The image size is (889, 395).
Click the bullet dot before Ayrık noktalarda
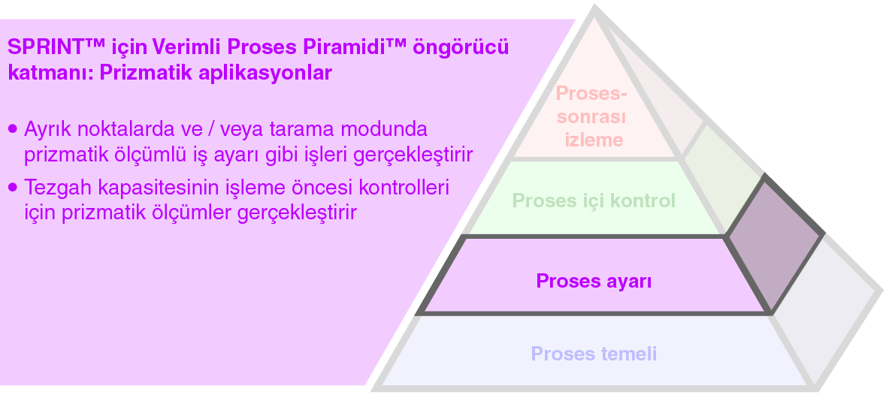tap(13, 128)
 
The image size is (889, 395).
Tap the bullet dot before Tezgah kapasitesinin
tap(13, 187)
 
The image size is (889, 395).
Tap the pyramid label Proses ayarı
tap(594, 282)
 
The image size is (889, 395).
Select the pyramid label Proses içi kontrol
tap(594, 201)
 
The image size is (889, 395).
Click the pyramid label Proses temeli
tap(594, 354)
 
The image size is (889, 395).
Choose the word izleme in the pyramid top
tap(594, 140)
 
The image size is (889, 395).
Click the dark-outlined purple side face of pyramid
tap(775, 244)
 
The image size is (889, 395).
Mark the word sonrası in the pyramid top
tap(592, 116)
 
